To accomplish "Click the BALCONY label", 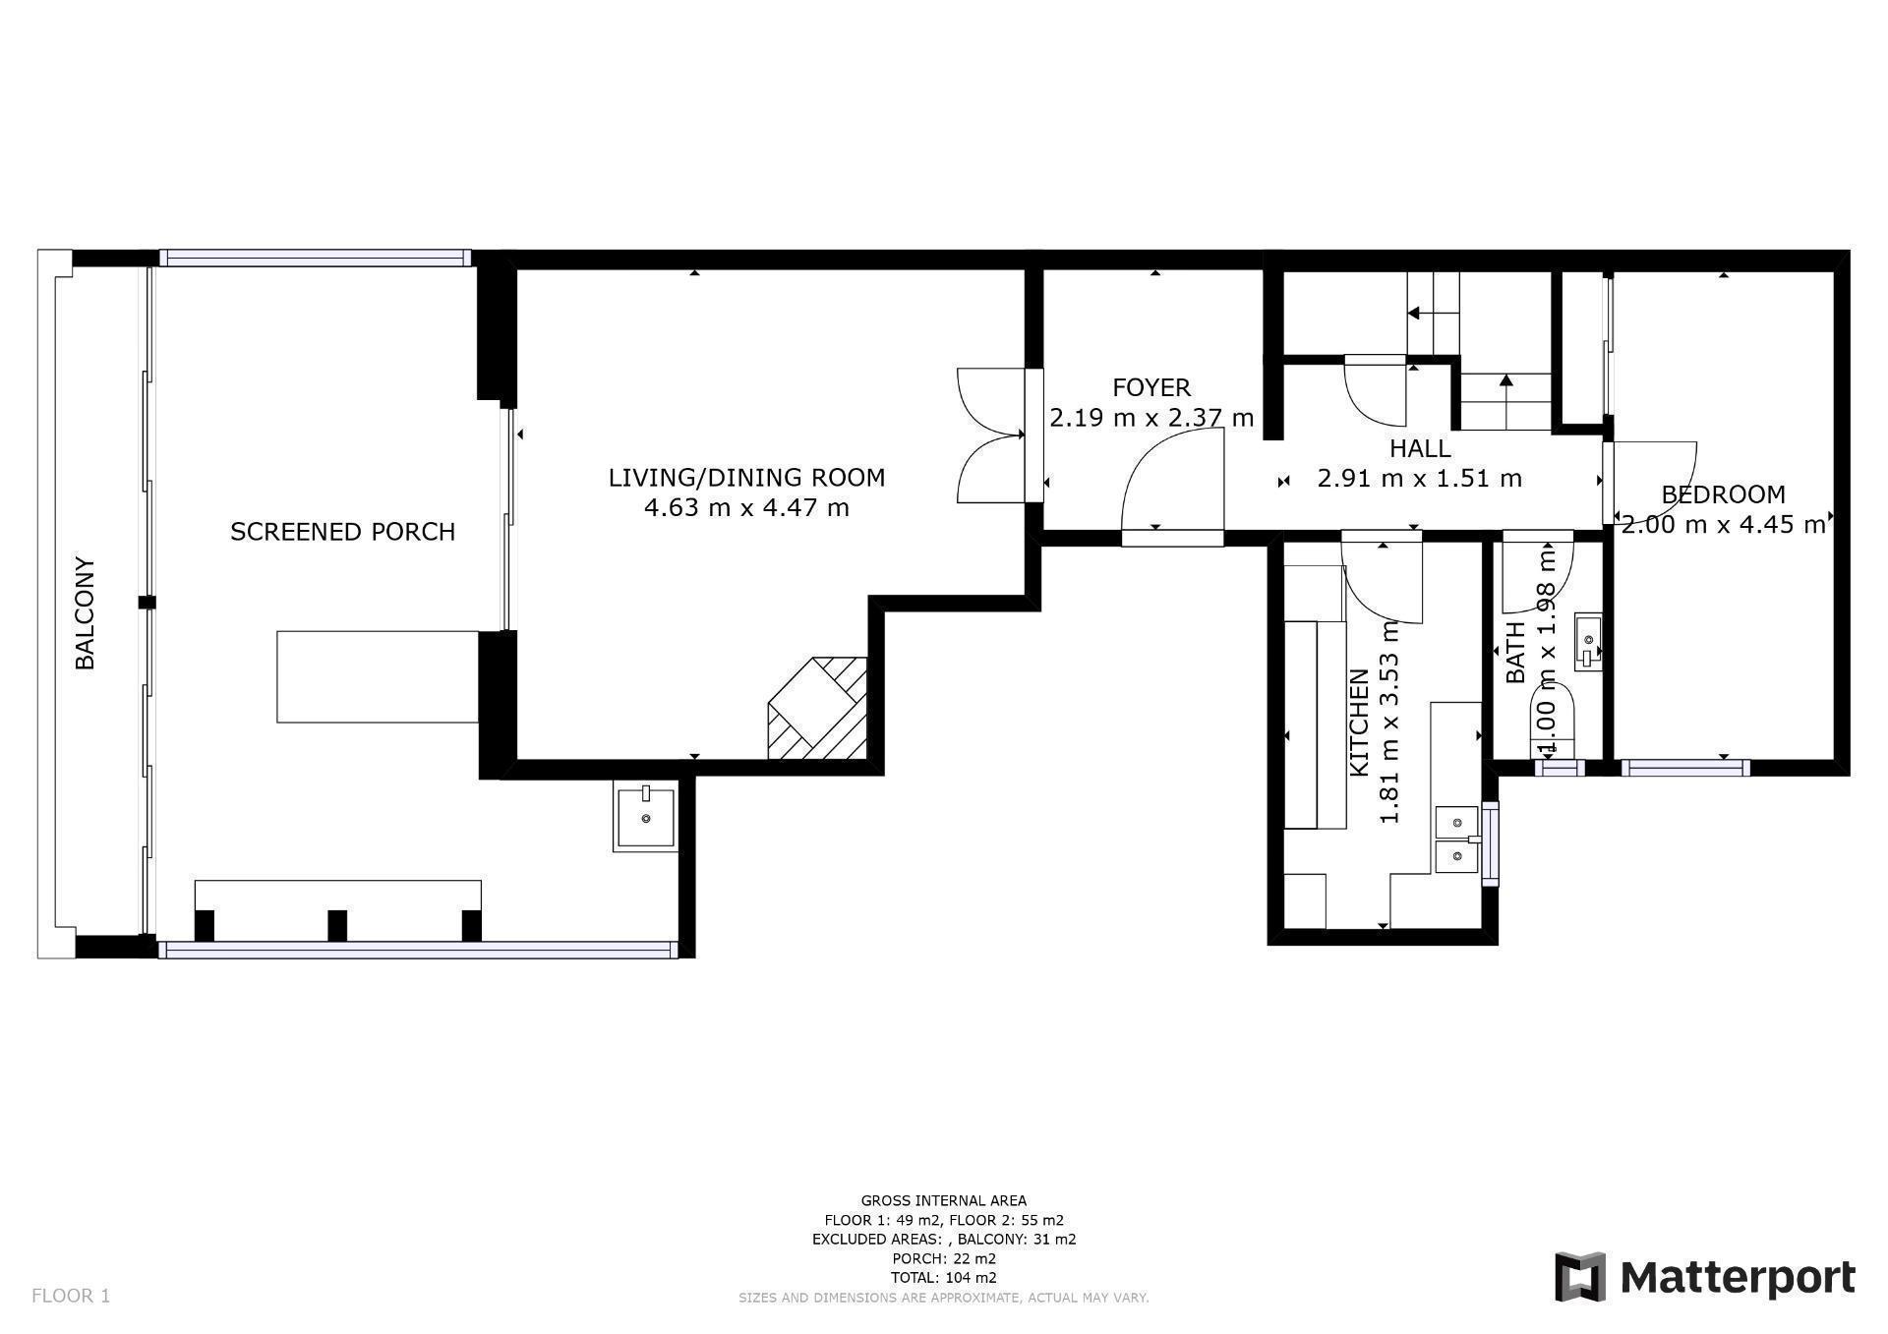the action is [x=86, y=613].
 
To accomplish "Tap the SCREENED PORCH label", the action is [x=342, y=532].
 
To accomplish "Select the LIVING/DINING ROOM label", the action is [x=746, y=478].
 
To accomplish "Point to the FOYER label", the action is [x=1151, y=387].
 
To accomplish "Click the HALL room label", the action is [x=1420, y=448].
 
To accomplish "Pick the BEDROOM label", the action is [x=1723, y=494].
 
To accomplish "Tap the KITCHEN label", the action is [x=1359, y=723].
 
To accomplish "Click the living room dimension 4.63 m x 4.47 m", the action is [x=746, y=508].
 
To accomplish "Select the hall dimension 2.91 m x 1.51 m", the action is [x=1420, y=479].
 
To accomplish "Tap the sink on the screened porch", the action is [x=646, y=816].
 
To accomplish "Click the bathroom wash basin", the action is [x=1588, y=641].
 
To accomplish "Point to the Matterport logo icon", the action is [x=1580, y=1277].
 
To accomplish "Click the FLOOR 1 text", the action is [x=71, y=1296].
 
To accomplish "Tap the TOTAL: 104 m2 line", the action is [x=944, y=1278].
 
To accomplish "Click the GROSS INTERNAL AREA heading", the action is [x=944, y=1200].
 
